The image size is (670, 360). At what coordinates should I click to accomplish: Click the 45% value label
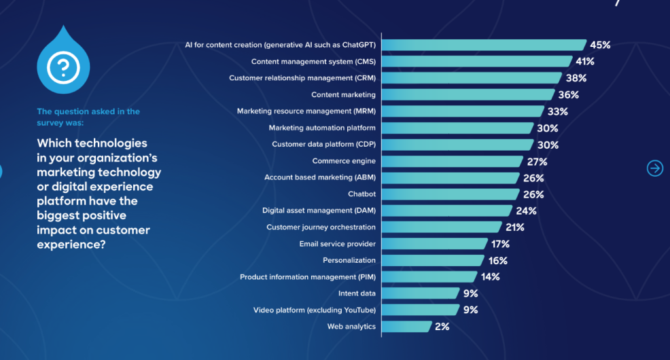[x=600, y=45]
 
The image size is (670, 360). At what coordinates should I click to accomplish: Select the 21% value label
[x=514, y=227]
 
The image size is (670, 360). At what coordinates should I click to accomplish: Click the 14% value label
[x=490, y=276]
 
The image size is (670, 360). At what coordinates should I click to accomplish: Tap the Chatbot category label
[x=362, y=194]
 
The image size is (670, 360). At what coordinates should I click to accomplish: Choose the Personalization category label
[x=349, y=260]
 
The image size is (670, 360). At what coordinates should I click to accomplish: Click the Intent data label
[x=357, y=293]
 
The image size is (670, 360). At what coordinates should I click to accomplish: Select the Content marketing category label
[x=343, y=94]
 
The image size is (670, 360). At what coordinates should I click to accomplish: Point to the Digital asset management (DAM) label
[x=319, y=211]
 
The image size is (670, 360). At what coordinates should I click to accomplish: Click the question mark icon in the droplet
[x=63, y=67]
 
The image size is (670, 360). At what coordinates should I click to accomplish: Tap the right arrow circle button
[x=654, y=168]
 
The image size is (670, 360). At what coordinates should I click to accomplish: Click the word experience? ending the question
[x=71, y=245]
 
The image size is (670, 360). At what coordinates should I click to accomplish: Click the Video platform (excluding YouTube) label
[x=314, y=310]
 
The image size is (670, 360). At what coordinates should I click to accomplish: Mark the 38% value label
[x=576, y=78]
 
